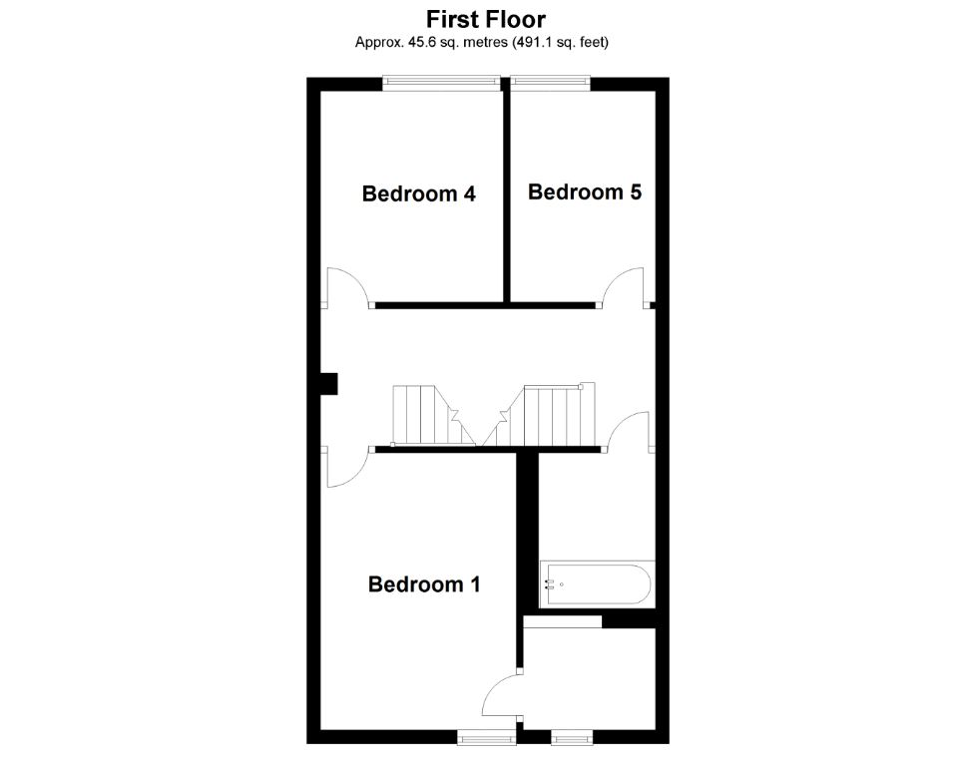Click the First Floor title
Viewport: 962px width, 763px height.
point(486,19)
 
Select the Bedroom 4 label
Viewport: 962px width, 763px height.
point(418,193)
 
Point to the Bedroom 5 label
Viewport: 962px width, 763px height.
point(584,191)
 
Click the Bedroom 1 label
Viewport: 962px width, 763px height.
point(424,584)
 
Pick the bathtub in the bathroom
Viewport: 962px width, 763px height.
point(597,584)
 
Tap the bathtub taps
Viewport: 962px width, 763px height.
point(550,584)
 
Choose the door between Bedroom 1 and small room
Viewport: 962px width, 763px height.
point(501,693)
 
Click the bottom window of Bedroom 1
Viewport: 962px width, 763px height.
point(486,737)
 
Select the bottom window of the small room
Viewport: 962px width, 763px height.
point(571,737)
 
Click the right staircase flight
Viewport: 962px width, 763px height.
point(550,415)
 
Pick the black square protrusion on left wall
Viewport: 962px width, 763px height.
point(329,384)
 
